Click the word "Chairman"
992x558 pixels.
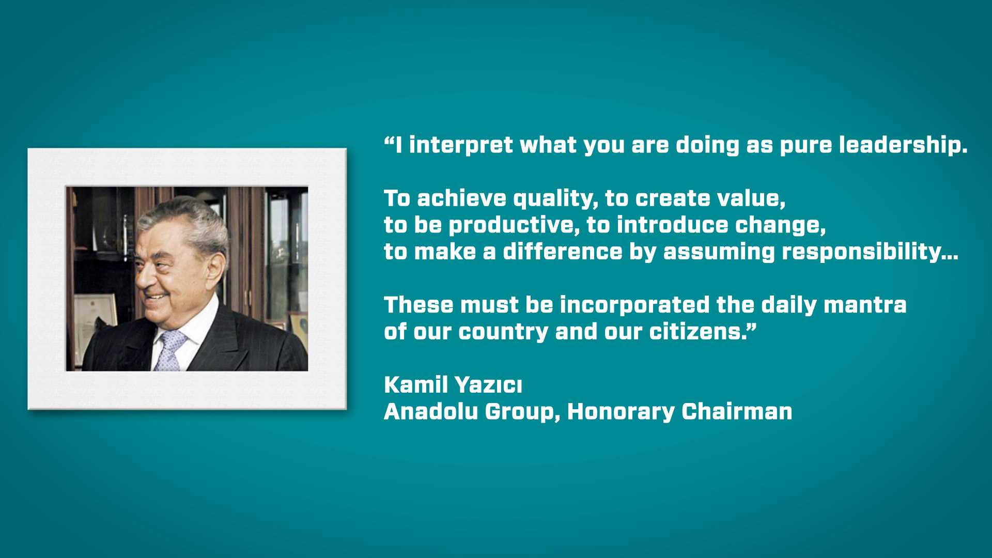coord(737,412)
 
